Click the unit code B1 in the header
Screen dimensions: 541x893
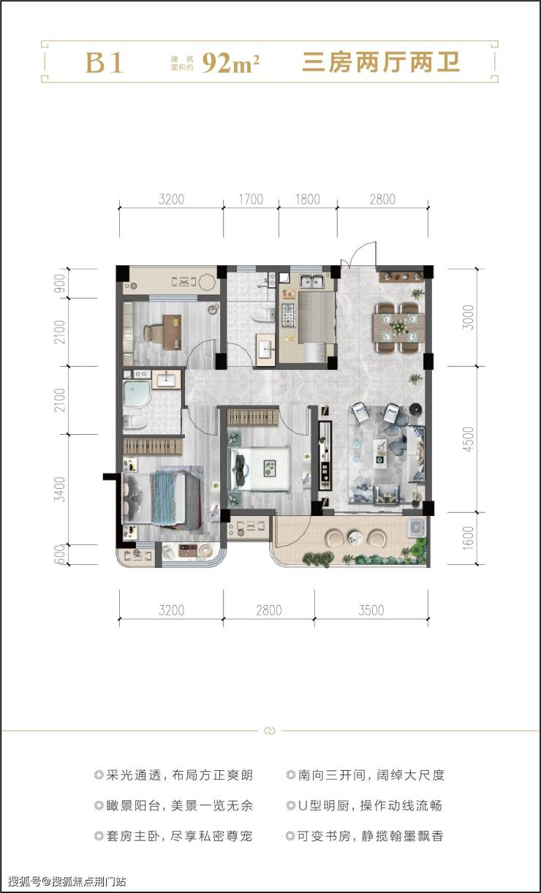pos(104,63)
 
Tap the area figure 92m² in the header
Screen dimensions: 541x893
pos(230,63)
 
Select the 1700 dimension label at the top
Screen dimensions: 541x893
pos(251,199)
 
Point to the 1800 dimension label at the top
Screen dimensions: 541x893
pos(308,199)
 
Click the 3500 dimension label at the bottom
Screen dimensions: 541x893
pos(371,610)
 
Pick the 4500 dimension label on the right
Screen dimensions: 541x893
pos(469,438)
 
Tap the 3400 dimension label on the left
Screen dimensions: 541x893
pos(59,489)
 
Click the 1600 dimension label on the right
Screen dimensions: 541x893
pos(469,538)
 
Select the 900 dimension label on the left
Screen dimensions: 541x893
pos(59,283)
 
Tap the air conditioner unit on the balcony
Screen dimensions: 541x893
pos(416,527)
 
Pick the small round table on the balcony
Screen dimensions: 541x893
pos(355,536)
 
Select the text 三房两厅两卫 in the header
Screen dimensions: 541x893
pos(381,63)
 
